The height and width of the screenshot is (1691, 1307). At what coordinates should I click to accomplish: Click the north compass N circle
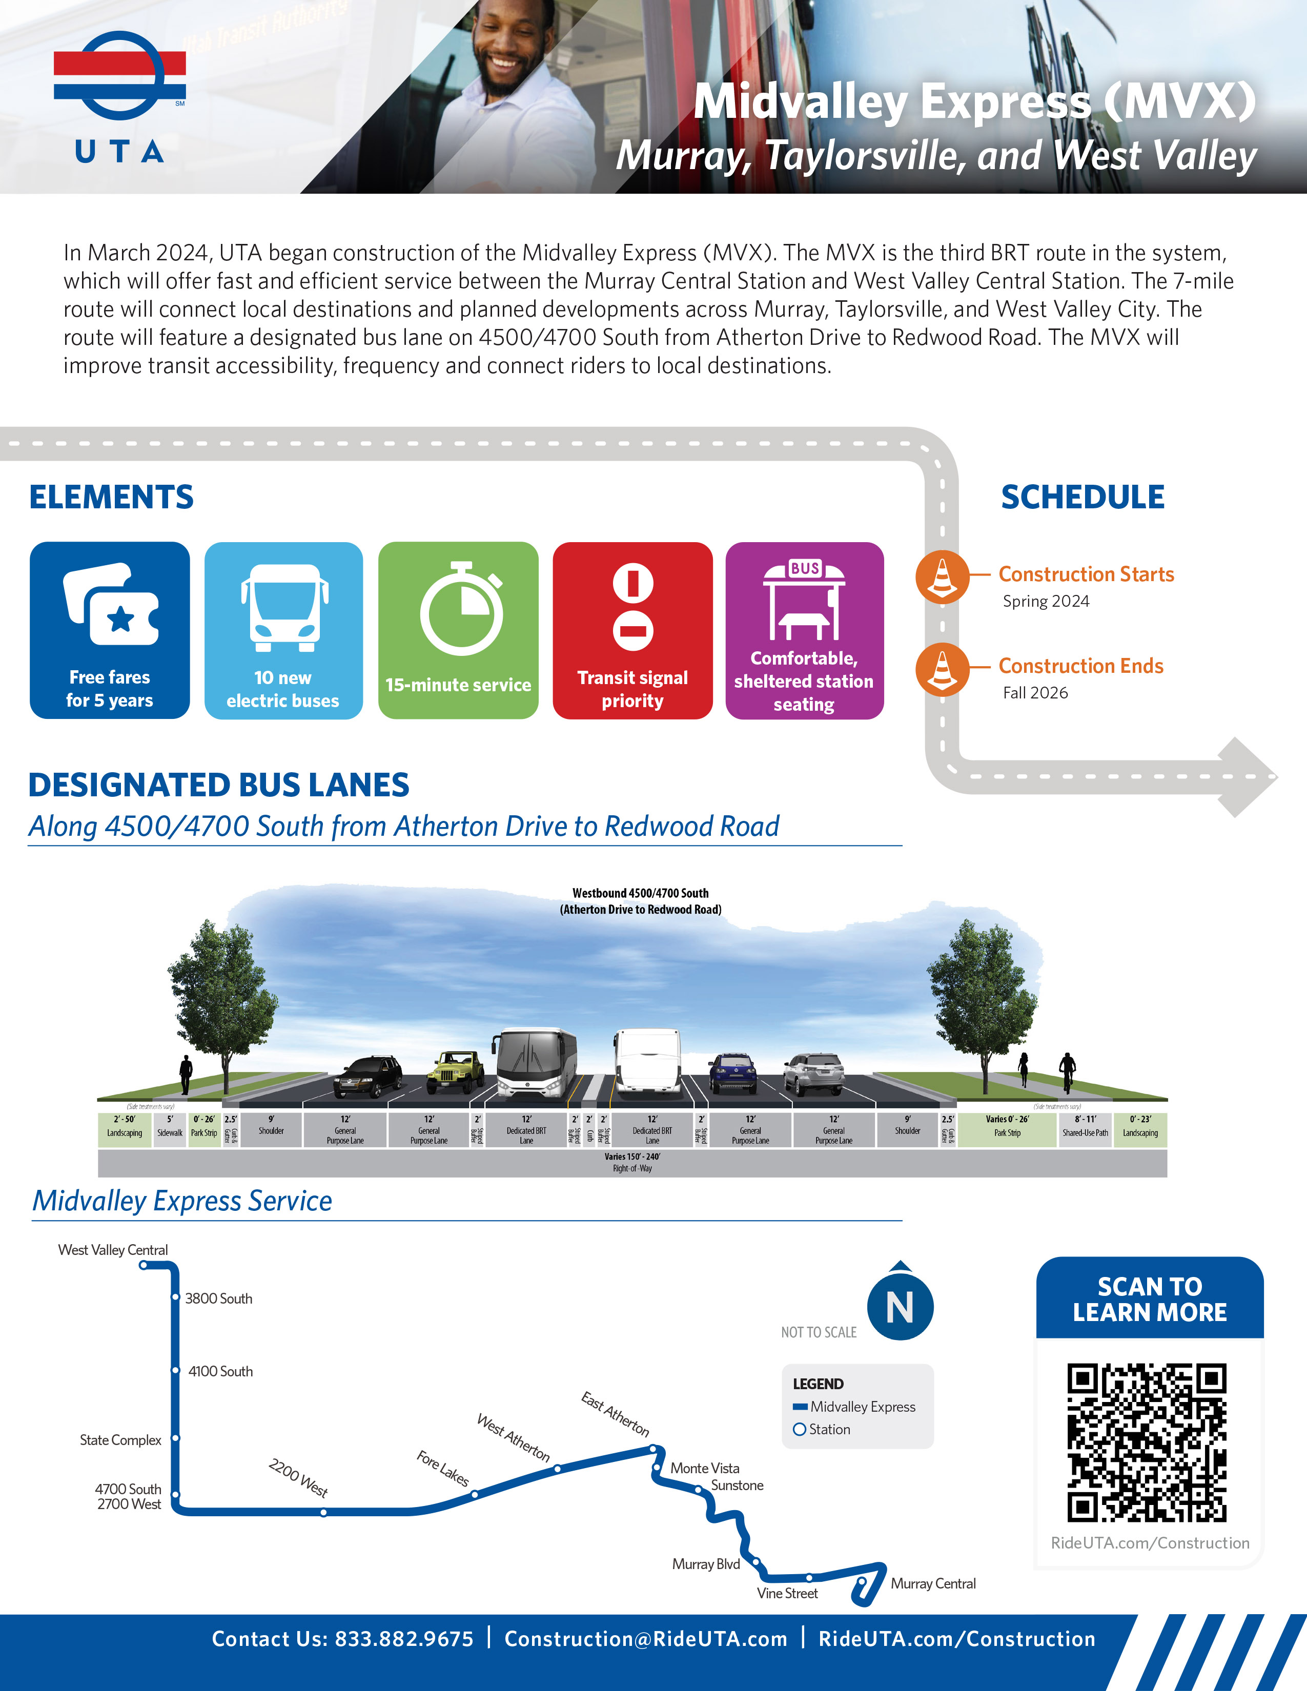coord(900,1307)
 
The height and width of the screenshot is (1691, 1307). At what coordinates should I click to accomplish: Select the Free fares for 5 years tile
coord(110,630)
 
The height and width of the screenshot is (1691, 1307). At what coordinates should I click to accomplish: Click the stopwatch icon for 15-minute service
coord(461,609)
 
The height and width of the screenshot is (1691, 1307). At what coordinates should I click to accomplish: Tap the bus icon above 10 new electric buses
coord(283,608)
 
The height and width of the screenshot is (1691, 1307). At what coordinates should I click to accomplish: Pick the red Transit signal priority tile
coord(632,630)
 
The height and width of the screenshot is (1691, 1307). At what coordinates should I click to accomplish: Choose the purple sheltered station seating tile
coord(805,630)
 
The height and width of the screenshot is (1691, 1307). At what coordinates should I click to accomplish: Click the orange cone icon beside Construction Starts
coord(942,578)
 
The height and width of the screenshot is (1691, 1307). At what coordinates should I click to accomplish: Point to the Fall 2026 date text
coord(1035,693)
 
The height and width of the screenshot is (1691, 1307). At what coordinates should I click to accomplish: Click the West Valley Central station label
coord(113,1250)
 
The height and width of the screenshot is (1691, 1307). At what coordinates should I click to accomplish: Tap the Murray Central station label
coord(933,1583)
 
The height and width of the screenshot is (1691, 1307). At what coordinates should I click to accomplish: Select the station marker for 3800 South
coord(176,1297)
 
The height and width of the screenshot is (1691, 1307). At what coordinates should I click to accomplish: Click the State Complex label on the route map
coord(121,1440)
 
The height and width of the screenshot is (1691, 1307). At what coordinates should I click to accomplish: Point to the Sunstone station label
coord(737,1485)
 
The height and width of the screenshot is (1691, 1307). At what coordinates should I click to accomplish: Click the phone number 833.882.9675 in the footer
coord(403,1639)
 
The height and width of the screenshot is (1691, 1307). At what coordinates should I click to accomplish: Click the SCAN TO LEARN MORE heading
coord(1150,1299)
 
